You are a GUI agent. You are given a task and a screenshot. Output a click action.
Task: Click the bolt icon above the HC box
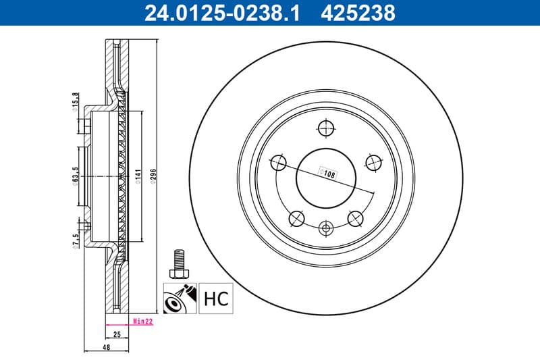click(178, 262)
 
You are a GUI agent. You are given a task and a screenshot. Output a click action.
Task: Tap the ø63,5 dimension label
click(76, 176)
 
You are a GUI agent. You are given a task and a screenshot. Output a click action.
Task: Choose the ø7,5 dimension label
click(76, 239)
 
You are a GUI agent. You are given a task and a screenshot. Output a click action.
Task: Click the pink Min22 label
click(142, 322)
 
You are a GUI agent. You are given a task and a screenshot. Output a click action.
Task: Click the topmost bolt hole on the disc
click(325, 128)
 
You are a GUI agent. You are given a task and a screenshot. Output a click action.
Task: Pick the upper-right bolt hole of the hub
click(373, 161)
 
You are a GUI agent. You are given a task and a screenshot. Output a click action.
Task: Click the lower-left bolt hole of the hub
click(296, 217)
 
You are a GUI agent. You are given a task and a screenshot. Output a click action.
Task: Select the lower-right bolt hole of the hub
click(354, 217)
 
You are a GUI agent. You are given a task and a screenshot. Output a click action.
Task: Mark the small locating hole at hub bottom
click(325, 228)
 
